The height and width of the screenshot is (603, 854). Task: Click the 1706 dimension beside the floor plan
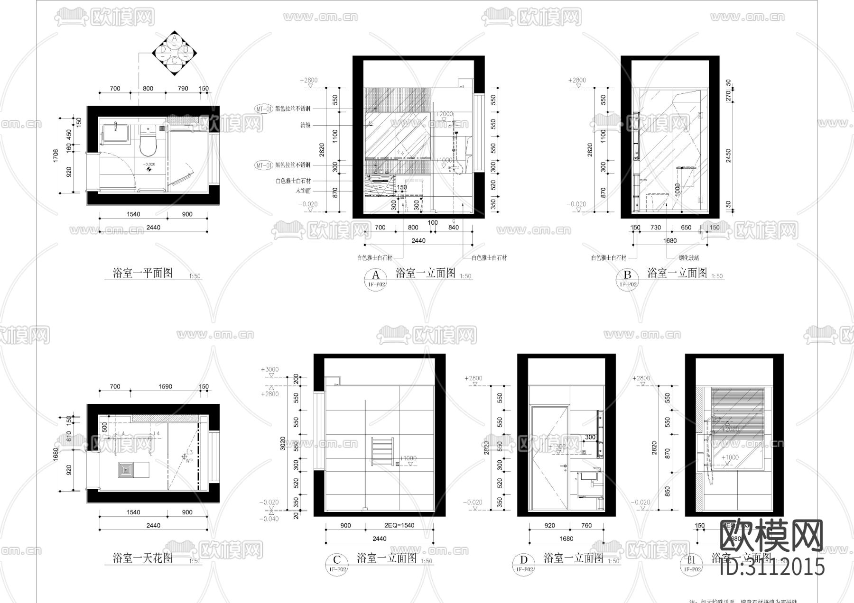(56, 156)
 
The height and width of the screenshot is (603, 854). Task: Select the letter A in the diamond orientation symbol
(175, 38)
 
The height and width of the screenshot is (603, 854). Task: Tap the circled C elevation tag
(336, 561)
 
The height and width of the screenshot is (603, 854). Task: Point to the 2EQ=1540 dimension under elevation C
(399, 525)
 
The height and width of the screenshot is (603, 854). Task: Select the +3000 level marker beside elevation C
(269, 370)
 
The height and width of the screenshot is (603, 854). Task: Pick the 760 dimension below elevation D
(586, 525)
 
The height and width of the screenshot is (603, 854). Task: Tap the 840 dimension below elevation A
(453, 228)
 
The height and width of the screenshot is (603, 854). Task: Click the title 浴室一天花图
(142, 558)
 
